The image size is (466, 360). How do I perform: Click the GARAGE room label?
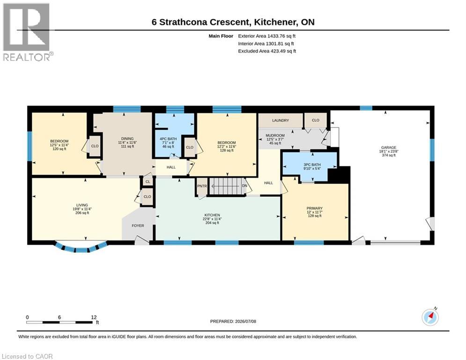[389, 147]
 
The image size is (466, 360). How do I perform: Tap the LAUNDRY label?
[280, 120]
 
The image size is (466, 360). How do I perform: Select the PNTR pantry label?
[202, 186]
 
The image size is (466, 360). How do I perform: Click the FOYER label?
[138, 226]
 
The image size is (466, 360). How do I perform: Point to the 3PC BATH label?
[312, 165]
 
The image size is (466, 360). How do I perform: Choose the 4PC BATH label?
[168, 139]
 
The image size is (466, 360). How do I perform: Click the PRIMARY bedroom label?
[314, 208]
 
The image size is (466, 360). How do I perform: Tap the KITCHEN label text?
[212, 215]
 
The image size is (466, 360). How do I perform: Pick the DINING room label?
[127, 139]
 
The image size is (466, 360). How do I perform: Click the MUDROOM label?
[275, 135]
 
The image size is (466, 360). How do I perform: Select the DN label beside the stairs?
[244, 186]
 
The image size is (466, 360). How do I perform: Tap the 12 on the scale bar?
[94, 317]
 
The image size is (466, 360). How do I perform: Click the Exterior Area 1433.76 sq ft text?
[266, 36]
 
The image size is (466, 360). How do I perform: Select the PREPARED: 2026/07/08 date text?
[233, 321]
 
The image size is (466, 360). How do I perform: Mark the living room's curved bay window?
[81, 247]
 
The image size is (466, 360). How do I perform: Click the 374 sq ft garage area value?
[389, 155]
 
